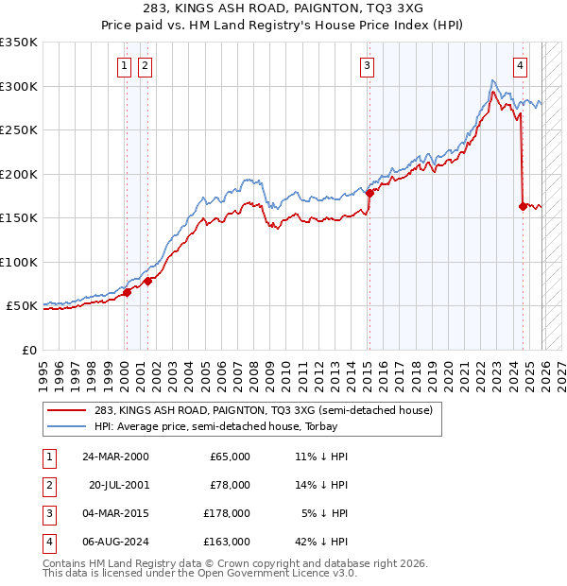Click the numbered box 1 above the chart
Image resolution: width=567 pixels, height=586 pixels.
125,66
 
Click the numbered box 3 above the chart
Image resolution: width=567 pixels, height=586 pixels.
367,66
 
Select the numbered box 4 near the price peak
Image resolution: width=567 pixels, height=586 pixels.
521,66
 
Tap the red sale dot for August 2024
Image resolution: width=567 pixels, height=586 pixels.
523,206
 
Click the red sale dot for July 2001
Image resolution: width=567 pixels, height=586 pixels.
147,281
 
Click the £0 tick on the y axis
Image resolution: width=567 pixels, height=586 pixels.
30,350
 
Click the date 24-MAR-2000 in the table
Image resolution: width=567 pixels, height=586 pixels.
115,457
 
